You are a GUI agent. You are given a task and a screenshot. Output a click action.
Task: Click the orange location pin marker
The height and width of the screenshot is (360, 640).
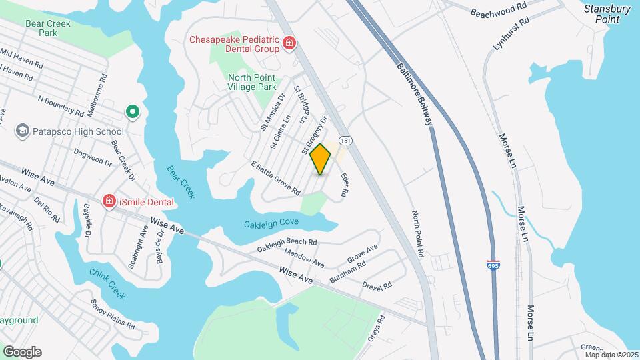click(321, 159)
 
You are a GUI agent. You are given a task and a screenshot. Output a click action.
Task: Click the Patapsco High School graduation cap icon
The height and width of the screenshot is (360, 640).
click(23, 131)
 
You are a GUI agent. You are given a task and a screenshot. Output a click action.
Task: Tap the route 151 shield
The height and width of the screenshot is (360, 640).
click(345, 141)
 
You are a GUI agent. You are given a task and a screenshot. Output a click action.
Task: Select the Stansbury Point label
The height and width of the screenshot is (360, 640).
click(607, 14)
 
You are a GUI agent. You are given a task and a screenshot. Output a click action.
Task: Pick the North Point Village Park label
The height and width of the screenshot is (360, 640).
click(251, 82)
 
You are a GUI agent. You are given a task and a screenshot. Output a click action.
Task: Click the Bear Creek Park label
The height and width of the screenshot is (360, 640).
click(48, 27)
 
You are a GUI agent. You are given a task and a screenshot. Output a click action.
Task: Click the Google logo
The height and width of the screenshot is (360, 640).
click(22, 352)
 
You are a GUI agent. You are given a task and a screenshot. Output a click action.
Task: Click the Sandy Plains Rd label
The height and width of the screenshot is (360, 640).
click(113, 314)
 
